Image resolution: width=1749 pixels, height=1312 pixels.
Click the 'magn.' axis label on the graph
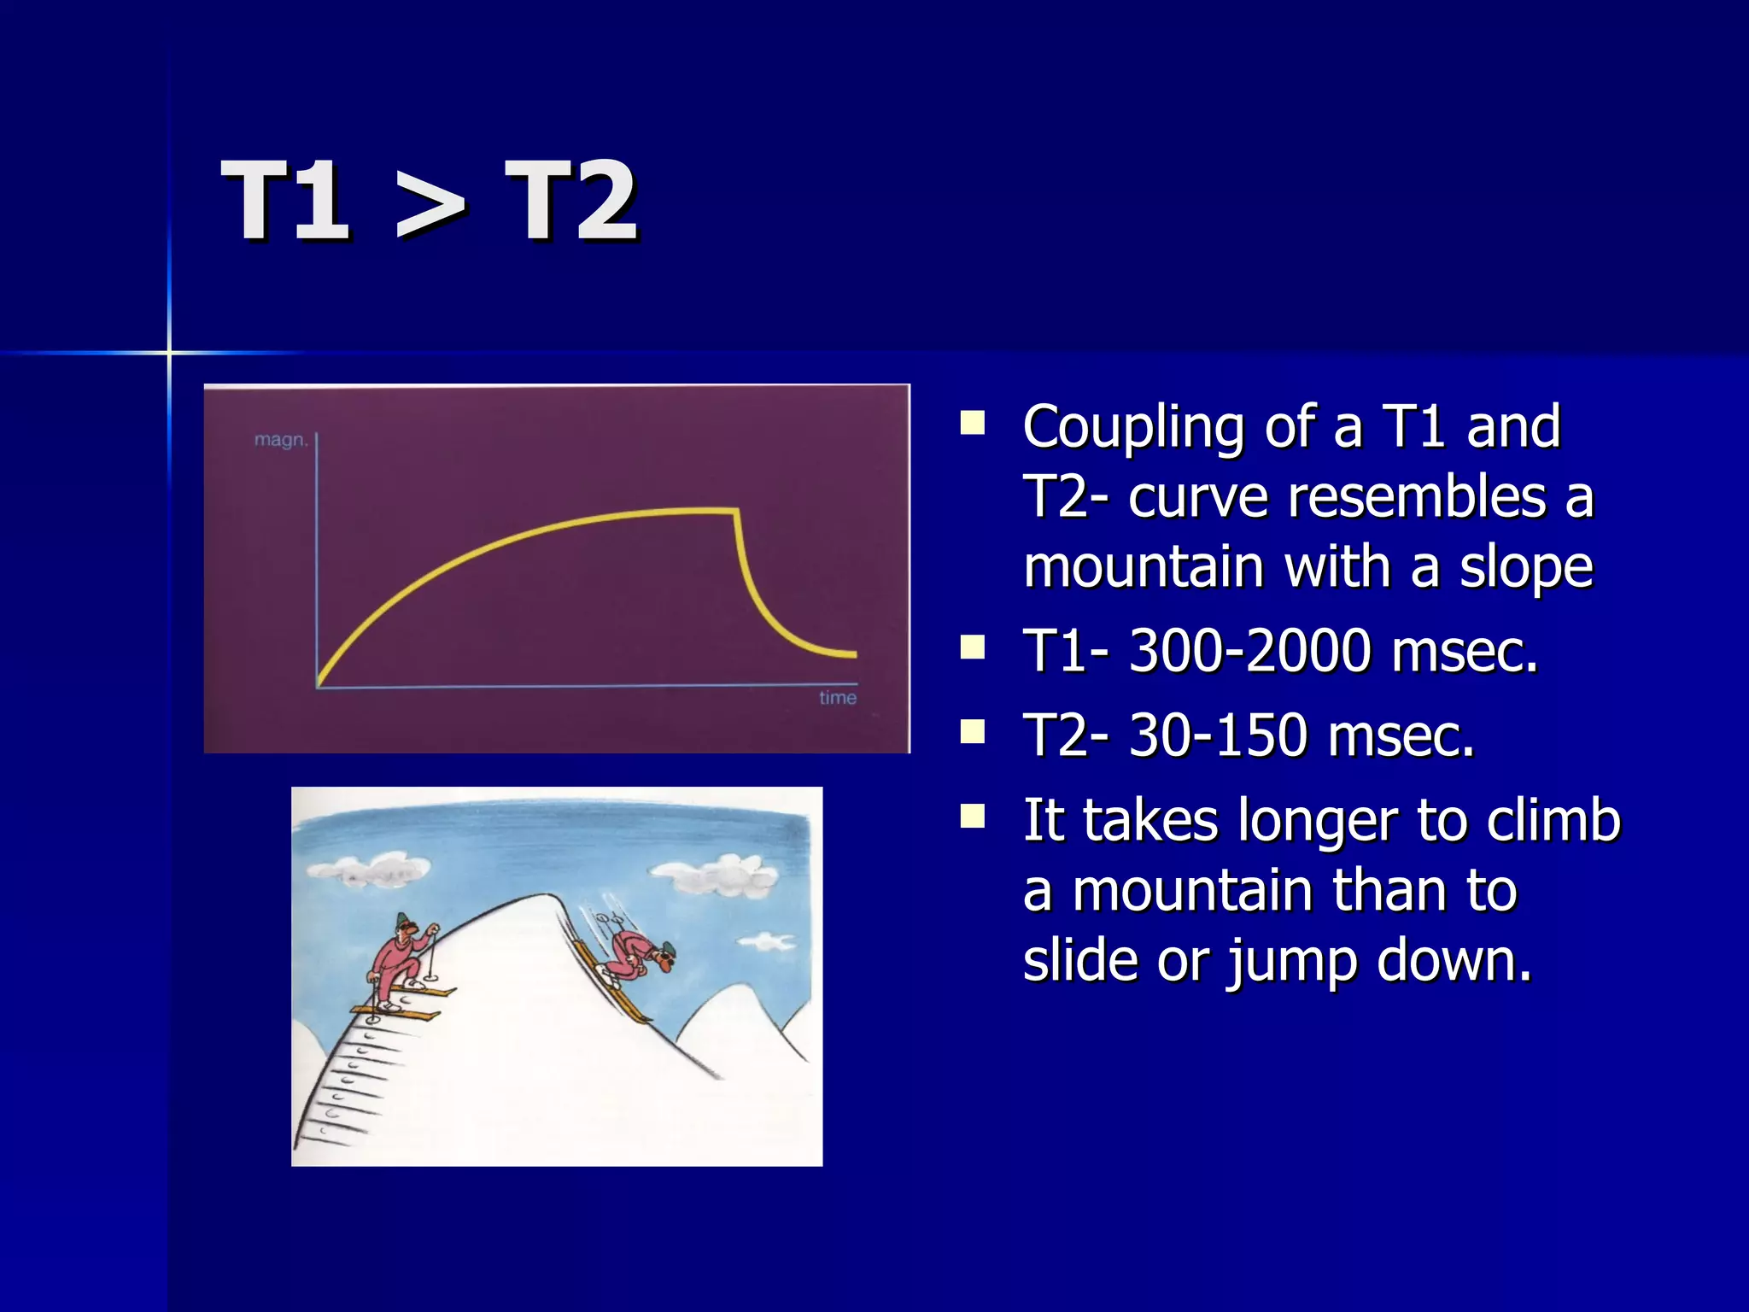click(281, 441)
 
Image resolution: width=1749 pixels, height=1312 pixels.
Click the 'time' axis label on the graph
click(837, 698)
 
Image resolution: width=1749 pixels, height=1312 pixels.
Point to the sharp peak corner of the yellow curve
click(736, 511)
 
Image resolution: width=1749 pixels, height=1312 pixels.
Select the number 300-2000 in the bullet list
click(1250, 651)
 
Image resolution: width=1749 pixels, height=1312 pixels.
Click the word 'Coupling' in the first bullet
click(1133, 427)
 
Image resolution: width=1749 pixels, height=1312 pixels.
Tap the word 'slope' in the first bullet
click(1525, 568)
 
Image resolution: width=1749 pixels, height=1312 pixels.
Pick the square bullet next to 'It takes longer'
click(973, 817)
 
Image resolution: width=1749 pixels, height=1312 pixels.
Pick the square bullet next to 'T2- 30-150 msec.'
click(973, 732)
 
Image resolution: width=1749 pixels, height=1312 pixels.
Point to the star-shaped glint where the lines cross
click(169, 352)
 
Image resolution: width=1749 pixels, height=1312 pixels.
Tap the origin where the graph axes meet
click(318, 687)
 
